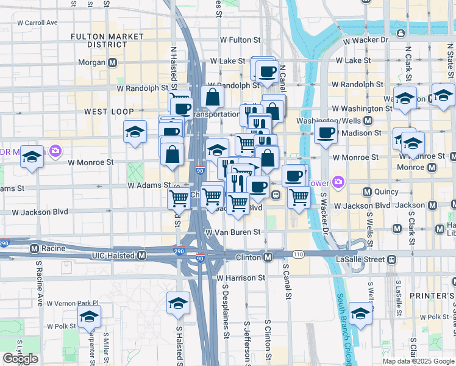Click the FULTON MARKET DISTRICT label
(x=98, y=40)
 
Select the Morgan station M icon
(x=113, y=62)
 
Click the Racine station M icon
(x=35, y=248)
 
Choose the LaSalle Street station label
(x=360, y=259)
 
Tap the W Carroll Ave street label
(x=37, y=23)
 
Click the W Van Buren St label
(x=233, y=232)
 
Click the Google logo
(x=20, y=359)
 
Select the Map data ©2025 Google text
(x=418, y=361)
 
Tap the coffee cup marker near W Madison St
(x=326, y=132)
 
